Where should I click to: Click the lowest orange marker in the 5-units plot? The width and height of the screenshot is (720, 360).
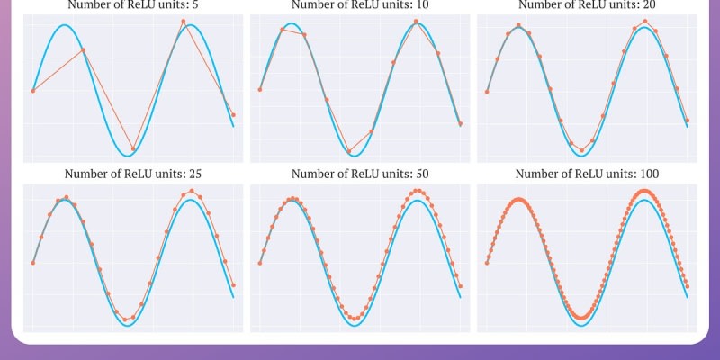(133, 148)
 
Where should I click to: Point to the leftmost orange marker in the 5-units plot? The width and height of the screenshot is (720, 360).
(33, 91)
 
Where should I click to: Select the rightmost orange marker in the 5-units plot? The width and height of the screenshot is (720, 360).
(234, 115)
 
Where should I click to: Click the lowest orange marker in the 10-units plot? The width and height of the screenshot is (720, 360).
(349, 151)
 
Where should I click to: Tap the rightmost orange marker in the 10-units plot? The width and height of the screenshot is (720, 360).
(461, 123)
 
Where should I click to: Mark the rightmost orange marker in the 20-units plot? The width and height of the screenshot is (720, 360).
(687, 120)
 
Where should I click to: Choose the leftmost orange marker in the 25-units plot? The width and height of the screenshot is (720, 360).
(33, 263)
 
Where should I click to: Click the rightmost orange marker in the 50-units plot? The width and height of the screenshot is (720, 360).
(461, 287)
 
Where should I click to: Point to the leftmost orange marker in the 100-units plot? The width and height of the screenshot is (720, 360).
(487, 263)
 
